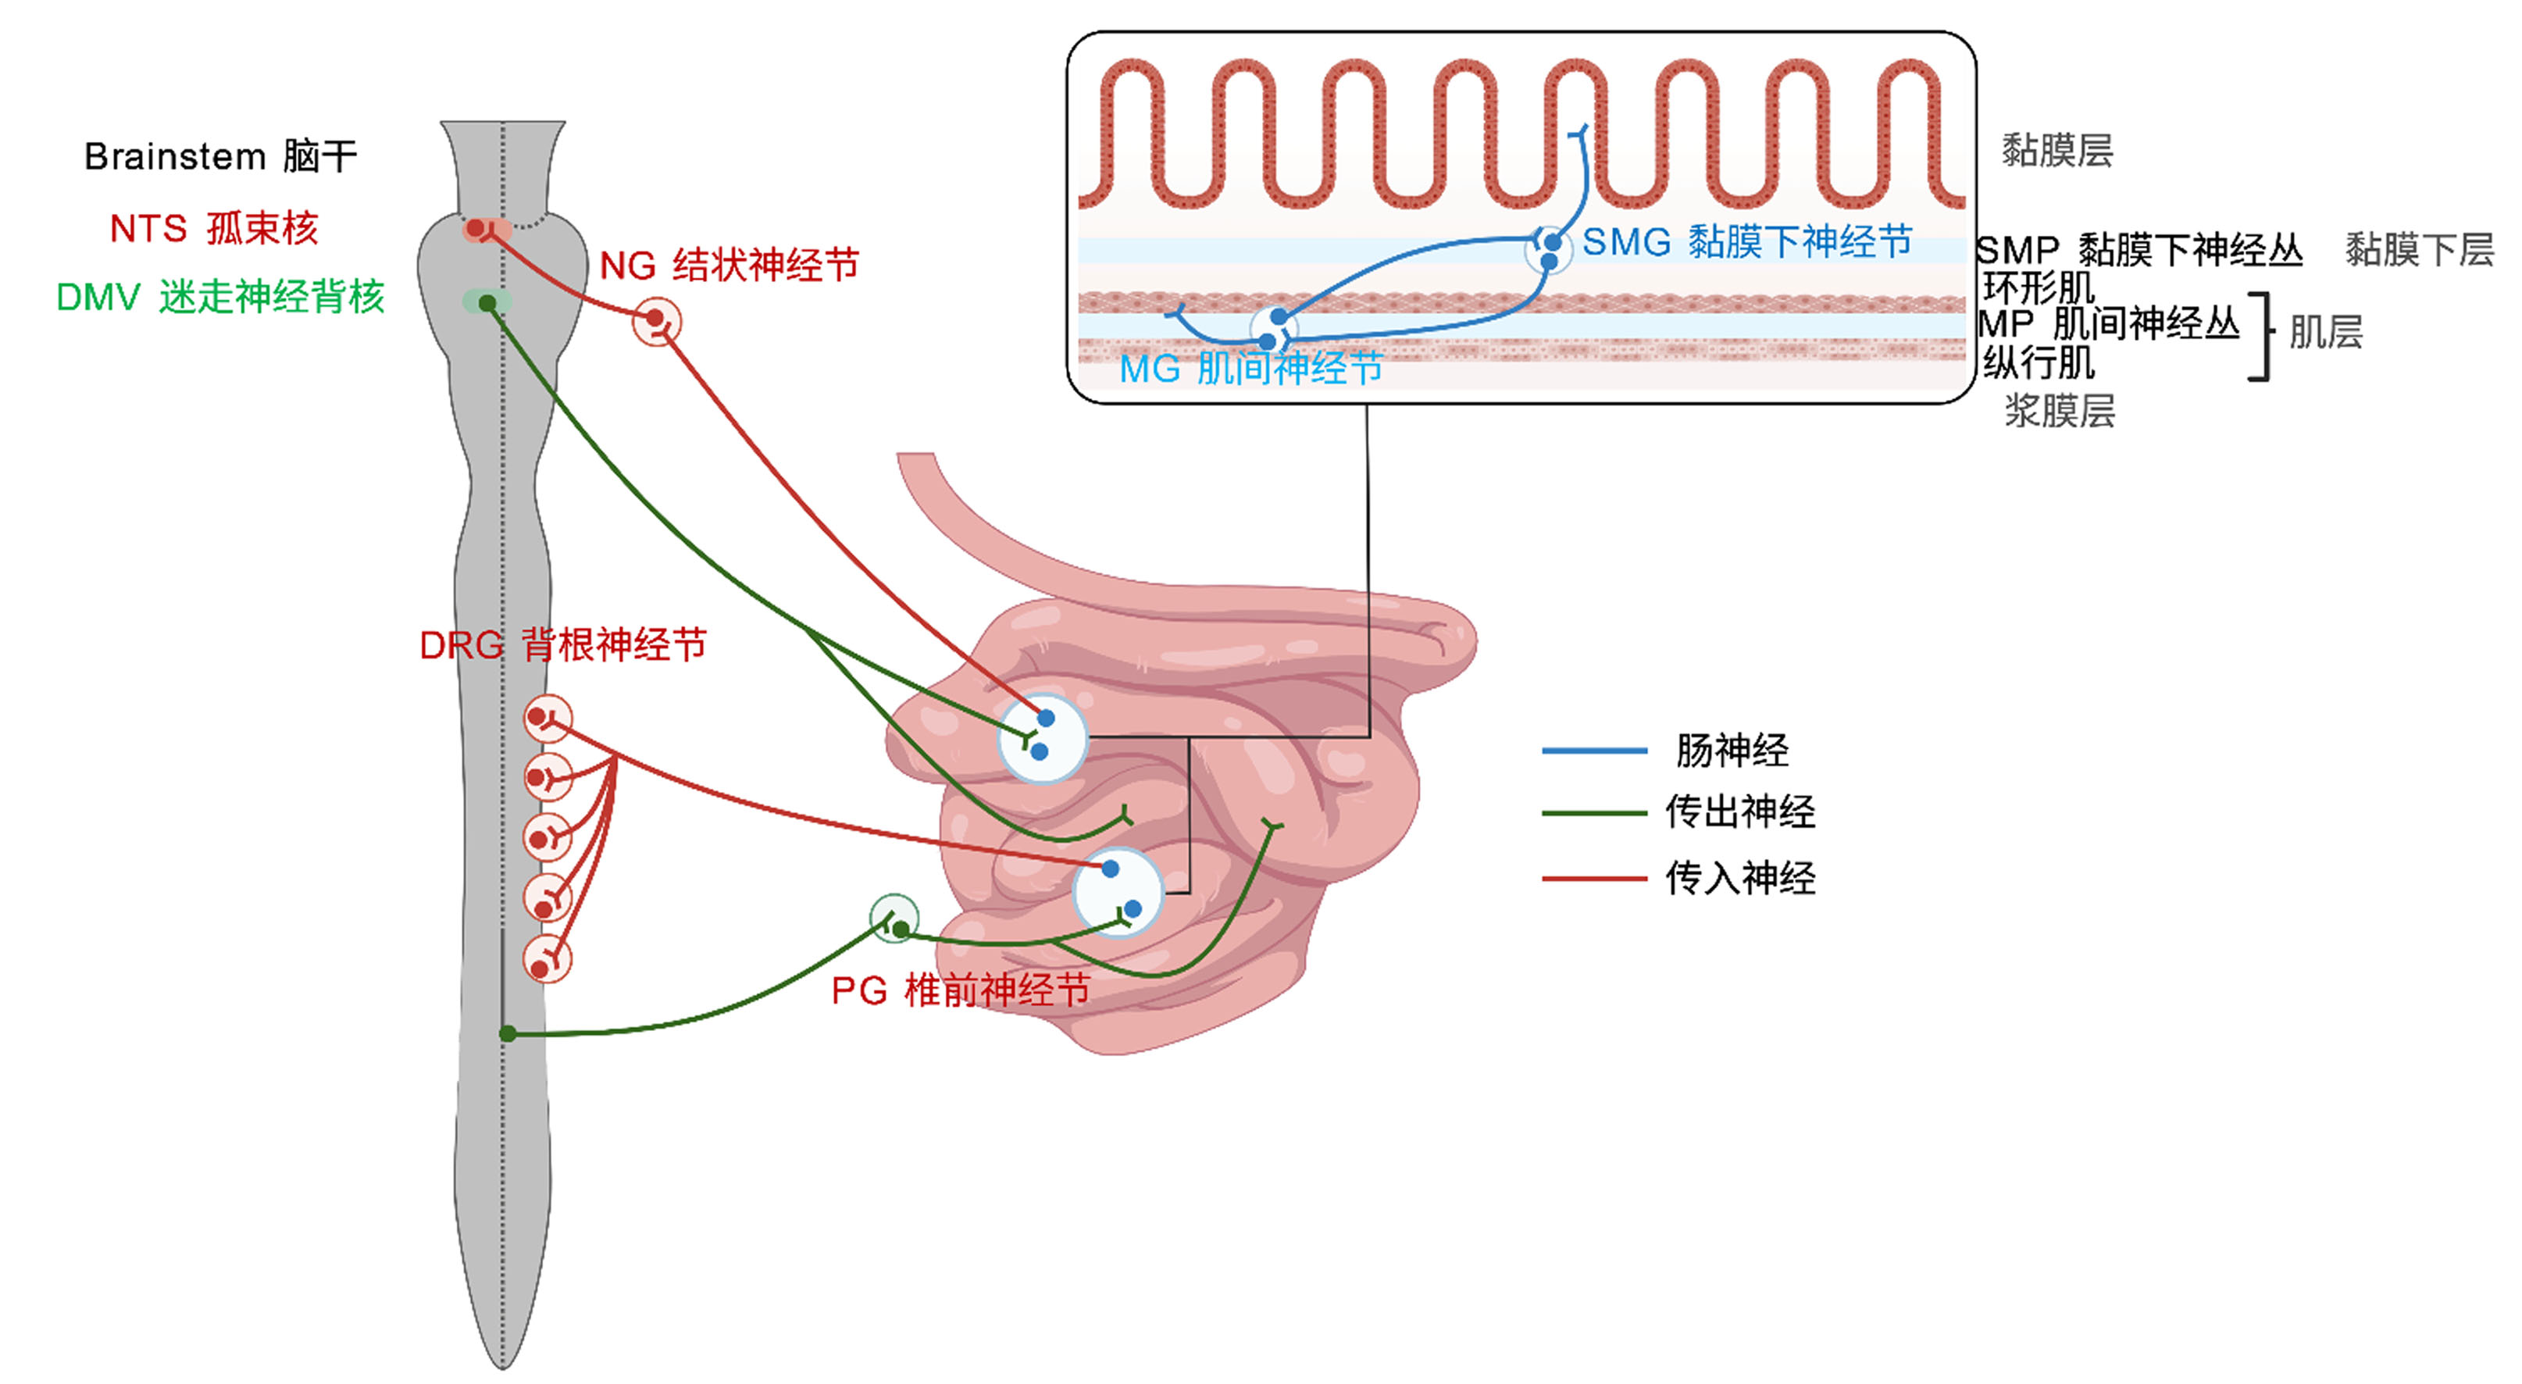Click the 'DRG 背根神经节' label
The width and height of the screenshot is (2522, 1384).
point(563,645)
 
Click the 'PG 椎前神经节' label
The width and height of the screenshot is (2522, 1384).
point(961,990)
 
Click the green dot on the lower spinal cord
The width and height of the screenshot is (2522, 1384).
point(507,1033)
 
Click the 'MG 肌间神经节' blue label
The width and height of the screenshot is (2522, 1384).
point(1251,369)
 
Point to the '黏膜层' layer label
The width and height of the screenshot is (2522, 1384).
point(2057,151)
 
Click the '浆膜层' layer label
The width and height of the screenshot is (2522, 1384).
point(2060,410)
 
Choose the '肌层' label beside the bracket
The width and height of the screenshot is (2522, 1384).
point(2326,332)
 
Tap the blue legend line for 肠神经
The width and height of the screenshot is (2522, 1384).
point(1594,751)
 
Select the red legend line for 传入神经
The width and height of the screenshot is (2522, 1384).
point(1594,879)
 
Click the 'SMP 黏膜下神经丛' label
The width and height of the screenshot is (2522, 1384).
point(2139,251)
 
